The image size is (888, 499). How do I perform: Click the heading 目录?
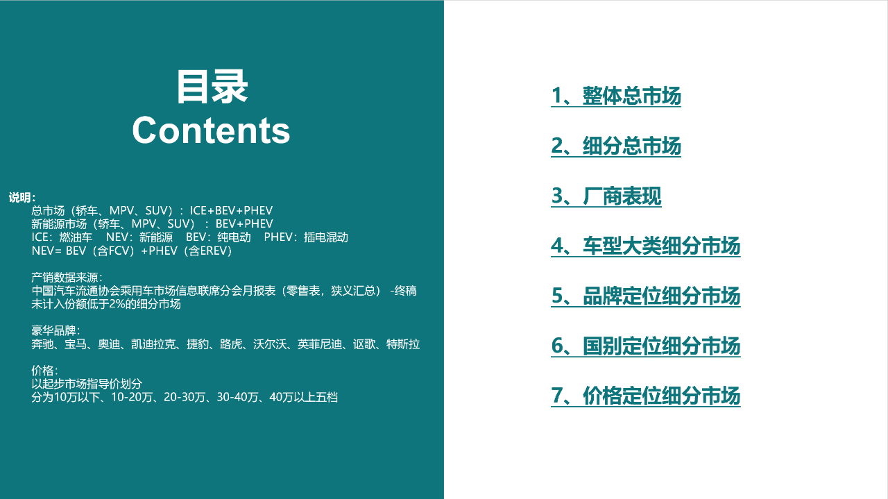(212, 87)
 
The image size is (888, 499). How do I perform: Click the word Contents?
(211, 130)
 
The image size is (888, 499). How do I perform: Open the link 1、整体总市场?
(616, 96)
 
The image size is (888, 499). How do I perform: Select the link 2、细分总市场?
(616, 146)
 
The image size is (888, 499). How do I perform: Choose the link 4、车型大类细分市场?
(646, 246)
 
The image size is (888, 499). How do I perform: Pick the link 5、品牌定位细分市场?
(646, 296)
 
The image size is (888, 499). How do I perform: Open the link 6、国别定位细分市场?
(646, 346)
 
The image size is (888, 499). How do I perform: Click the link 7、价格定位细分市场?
(646, 396)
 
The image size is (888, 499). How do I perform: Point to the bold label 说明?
(22, 198)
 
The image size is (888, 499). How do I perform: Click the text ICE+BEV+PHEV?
(231, 211)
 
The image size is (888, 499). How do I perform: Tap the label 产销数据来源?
(58, 278)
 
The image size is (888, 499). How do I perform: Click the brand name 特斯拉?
(403, 344)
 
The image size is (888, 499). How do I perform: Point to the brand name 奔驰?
(42, 344)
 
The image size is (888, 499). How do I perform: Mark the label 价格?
(44, 371)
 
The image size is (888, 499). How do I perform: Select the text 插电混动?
(325, 237)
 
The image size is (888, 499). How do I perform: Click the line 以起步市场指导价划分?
(87, 384)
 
